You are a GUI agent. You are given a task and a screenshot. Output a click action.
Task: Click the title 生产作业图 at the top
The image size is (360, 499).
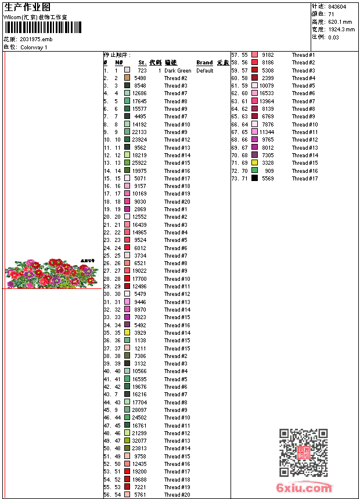(x=27, y=7)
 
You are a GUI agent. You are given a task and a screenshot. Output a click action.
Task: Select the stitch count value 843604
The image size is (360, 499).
(x=337, y=7)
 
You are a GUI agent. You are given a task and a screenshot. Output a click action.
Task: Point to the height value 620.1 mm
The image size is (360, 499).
(x=340, y=22)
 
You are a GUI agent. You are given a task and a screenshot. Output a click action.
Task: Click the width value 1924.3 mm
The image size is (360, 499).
(x=341, y=30)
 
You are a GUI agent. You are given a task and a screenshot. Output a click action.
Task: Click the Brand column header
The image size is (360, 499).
(x=204, y=63)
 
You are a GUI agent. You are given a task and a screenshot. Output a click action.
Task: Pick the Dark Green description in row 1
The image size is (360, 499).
(x=178, y=71)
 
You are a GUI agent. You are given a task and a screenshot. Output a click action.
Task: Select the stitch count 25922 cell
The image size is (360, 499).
(x=139, y=163)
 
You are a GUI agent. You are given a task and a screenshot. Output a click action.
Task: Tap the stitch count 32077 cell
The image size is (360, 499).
(x=139, y=441)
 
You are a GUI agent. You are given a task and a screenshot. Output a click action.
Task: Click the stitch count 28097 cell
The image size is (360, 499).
(x=139, y=410)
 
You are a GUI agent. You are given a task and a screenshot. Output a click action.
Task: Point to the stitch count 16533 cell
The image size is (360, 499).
(x=267, y=93)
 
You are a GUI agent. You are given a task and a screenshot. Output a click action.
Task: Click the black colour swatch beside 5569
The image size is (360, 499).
(x=254, y=179)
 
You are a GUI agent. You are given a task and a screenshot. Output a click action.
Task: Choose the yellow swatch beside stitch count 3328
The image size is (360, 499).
(x=254, y=163)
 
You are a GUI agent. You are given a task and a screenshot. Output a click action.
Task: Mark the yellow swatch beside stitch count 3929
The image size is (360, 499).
(x=127, y=333)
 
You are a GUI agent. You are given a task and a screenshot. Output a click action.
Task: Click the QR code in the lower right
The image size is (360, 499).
(x=303, y=453)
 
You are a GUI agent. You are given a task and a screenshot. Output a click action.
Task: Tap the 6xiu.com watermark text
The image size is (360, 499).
(x=304, y=488)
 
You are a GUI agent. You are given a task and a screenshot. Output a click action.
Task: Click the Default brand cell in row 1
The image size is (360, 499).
(x=205, y=71)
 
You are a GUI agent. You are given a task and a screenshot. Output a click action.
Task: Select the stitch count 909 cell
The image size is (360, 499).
(x=269, y=171)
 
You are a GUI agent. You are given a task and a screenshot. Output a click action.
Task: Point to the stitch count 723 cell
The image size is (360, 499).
(x=142, y=71)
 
